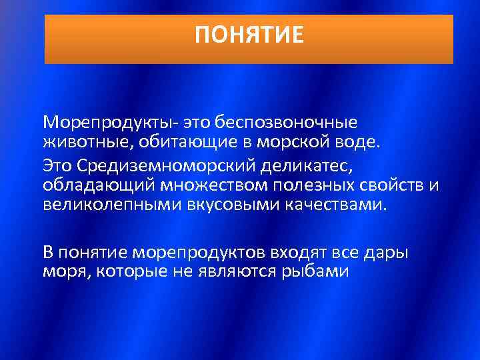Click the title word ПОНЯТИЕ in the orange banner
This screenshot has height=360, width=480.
pyautogui.click(x=249, y=34)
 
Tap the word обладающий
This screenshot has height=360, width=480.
pyautogui.click(x=90, y=183)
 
